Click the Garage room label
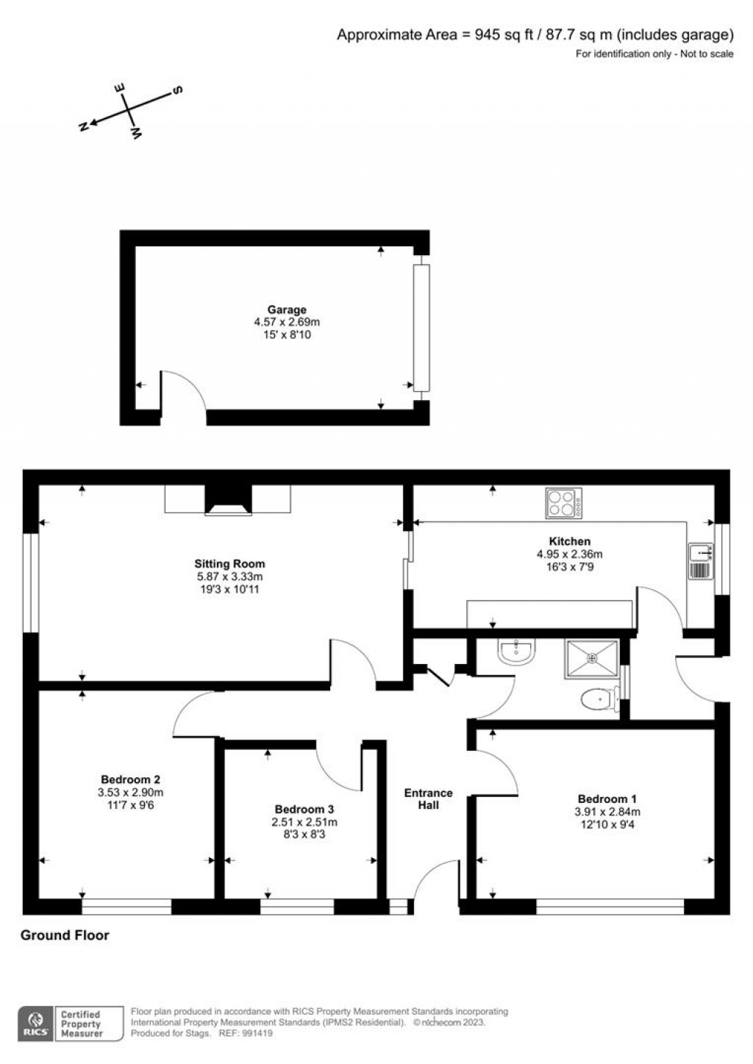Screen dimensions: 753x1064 point(287,310)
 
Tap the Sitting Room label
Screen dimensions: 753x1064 point(229,564)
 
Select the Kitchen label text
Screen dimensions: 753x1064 point(570,541)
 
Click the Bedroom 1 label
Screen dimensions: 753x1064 point(607,799)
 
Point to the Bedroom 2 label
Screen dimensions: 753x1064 point(130,779)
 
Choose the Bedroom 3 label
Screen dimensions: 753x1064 point(304,809)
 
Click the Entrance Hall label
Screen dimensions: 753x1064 point(428,799)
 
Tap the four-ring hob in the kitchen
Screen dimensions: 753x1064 point(563,504)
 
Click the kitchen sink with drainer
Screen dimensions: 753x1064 point(701,562)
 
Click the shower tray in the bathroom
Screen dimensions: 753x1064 point(592,660)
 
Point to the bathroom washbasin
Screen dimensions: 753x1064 point(517,651)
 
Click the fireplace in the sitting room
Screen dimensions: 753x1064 point(228,500)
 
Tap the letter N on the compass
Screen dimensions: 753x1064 point(83,126)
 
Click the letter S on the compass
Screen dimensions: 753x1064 point(177,90)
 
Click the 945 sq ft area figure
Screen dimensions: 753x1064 point(504,35)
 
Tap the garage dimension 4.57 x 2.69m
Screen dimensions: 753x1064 point(287,322)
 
